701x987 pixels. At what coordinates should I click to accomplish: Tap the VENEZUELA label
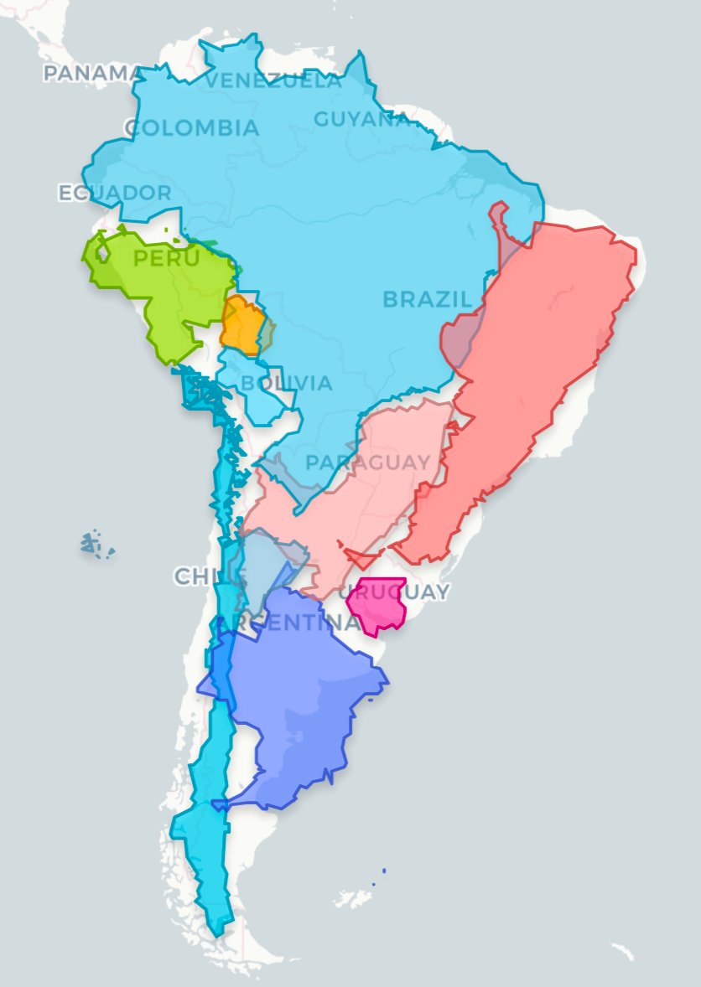273,81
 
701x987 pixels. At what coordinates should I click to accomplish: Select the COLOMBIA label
192,128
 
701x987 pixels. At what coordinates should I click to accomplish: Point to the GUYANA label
361,119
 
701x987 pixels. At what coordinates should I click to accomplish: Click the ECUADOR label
115,193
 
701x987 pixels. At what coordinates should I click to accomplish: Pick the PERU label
167,258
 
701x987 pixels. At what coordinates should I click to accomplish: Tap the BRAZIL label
427,299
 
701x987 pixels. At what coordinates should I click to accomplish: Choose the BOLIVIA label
286,384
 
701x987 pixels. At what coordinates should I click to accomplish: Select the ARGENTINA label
289,623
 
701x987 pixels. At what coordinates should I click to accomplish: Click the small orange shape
243,325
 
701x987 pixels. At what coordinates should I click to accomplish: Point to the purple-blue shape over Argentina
302,712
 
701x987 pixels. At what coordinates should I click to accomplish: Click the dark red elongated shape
537,360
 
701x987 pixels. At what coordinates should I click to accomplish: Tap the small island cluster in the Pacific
97,545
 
